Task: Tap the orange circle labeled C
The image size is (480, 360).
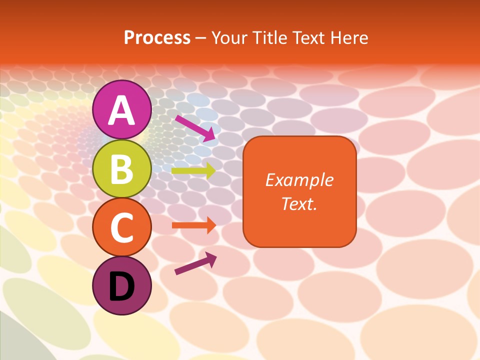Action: (x=121, y=227)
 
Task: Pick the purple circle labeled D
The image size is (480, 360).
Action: (x=121, y=286)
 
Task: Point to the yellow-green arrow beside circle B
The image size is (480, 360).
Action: (x=193, y=171)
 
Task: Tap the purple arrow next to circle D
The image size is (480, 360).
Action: (x=195, y=263)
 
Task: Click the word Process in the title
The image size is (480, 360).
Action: (x=157, y=38)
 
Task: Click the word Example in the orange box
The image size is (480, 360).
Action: (x=299, y=180)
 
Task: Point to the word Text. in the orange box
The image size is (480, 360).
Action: (x=299, y=203)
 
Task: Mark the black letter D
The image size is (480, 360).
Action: (x=121, y=287)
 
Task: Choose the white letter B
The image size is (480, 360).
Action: (x=121, y=169)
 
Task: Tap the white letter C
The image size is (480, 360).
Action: (x=121, y=228)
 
